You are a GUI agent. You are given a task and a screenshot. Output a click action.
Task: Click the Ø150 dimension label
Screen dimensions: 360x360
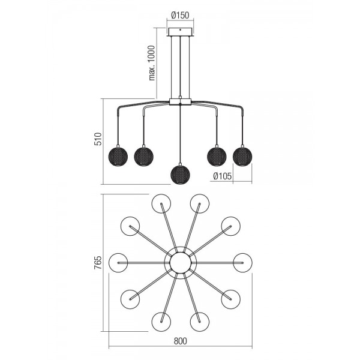(180, 16)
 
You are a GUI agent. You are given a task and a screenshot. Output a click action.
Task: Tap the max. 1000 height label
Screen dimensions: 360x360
(152, 63)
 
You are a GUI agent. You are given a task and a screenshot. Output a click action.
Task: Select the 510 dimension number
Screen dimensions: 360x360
(98, 139)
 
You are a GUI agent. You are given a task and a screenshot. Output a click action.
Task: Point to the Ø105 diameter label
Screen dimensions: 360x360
(223, 176)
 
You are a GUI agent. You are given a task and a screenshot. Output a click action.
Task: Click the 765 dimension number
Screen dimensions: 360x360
(98, 262)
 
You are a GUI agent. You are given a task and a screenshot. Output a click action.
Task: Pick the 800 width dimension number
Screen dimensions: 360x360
(180, 341)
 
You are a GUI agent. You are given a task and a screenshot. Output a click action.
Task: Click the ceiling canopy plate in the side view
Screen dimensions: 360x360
(180, 32)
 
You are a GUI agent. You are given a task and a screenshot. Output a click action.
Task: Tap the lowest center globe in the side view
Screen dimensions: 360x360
(180, 175)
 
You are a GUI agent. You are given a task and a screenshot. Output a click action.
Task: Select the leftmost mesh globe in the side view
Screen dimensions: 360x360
(118, 157)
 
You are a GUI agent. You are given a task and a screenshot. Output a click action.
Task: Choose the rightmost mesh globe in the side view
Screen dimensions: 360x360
(242, 157)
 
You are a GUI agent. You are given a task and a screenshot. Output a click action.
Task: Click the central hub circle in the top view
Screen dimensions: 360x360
(180, 263)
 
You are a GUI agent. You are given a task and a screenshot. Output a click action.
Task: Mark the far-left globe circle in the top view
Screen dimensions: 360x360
(118, 263)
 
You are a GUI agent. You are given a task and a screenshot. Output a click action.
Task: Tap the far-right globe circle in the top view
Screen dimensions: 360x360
(242, 263)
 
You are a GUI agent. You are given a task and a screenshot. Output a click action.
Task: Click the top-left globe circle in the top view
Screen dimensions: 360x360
(161, 203)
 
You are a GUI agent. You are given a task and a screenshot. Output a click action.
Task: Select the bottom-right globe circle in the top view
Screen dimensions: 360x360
(200, 322)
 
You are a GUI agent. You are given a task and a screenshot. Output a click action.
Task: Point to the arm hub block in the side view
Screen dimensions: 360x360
(180, 102)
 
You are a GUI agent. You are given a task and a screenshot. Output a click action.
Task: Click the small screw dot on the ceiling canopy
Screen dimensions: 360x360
(180, 29)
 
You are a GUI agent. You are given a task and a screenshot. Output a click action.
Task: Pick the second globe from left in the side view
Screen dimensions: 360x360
(144, 157)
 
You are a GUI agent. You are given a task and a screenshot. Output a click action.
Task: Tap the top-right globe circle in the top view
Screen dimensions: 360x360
(200, 203)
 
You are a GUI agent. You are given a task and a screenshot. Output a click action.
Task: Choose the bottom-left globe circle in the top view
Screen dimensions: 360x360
(161, 322)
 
